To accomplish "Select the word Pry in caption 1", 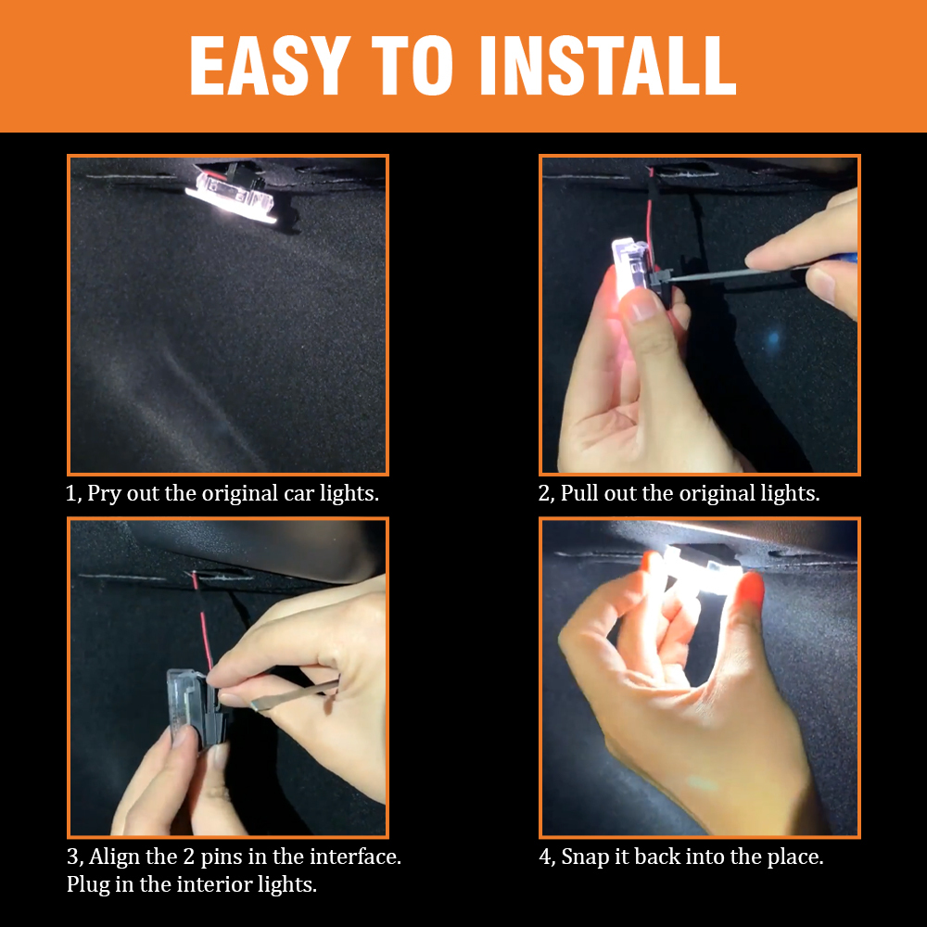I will point(102,493).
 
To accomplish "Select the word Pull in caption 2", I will point(579,493).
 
